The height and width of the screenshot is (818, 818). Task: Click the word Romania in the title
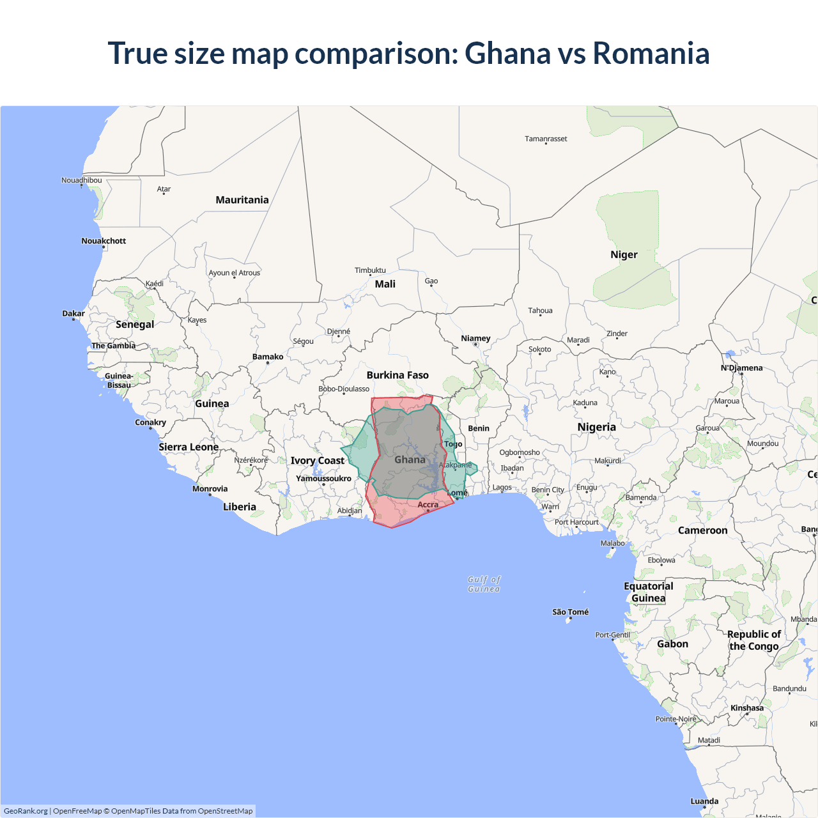tap(651, 53)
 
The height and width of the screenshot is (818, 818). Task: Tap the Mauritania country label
tap(242, 200)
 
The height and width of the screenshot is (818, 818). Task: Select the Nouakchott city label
tap(104, 241)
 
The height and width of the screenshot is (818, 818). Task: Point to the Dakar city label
tap(73, 313)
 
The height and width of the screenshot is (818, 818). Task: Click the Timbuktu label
tap(370, 270)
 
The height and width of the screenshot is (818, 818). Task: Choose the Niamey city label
tap(475, 338)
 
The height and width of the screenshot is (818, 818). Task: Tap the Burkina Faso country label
tap(397, 375)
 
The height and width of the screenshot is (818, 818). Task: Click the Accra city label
tap(428, 505)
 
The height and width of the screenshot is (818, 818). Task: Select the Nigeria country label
tap(596, 427)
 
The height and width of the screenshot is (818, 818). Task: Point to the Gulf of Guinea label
tap(484, 584)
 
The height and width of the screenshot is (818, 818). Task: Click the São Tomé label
tap(571, 612)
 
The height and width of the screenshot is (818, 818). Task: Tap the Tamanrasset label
tap(546, 139)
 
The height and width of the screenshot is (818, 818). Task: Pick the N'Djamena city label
tap(741, 367)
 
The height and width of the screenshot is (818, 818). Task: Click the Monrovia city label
tap(210, 489)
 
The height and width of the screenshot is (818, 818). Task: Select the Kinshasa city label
tap(747, 707)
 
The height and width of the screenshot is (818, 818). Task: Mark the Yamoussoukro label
tap(323, 478)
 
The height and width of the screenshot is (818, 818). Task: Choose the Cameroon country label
tap(702, 530)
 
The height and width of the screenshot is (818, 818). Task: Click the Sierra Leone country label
tap(189, 447)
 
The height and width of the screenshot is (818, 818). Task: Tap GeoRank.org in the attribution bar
tap(26, 811)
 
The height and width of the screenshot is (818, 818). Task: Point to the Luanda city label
tap(704, 801)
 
